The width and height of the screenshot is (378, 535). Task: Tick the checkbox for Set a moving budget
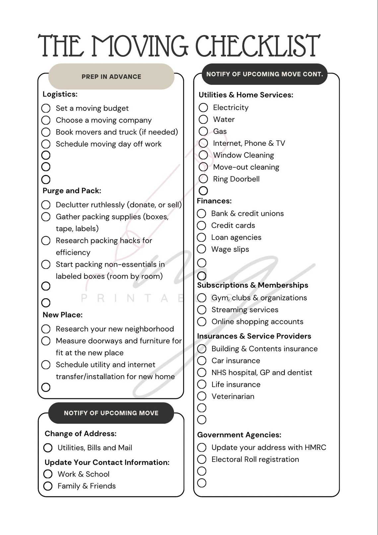click(x=46, y=108)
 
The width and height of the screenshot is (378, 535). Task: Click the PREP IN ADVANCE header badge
click(x=111, y=76)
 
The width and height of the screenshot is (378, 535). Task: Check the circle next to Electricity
click(x=203, y=108)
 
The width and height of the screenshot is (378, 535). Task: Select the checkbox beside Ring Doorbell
click(x=203, y=179)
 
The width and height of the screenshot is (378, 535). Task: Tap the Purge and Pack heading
click(x=72, y=191)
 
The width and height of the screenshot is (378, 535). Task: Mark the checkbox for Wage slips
click(x=202, y=249)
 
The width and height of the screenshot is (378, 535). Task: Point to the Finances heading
click(x=214, y=201)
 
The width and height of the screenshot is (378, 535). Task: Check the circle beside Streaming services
click(x=202, y=310)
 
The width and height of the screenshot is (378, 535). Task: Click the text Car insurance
click(x=236, y=361)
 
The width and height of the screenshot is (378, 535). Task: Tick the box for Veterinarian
click(x=202, y=396)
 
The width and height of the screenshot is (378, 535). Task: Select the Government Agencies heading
click(x=239, y=435)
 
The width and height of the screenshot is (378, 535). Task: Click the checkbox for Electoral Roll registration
click(x=202, y=459)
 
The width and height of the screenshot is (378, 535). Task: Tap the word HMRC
click(x=315, y=447)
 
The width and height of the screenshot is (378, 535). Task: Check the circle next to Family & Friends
click(x=48, y=486)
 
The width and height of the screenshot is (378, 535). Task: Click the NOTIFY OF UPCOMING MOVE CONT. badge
click(x=265, y=74)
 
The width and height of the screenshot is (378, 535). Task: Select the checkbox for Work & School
click(x=48, y=474)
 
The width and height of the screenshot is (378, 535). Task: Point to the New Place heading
click(x=63, y=315)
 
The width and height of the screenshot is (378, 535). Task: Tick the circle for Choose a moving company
click(x=46, y=120)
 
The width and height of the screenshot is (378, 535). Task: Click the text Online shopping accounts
click(x=257, y=321)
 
